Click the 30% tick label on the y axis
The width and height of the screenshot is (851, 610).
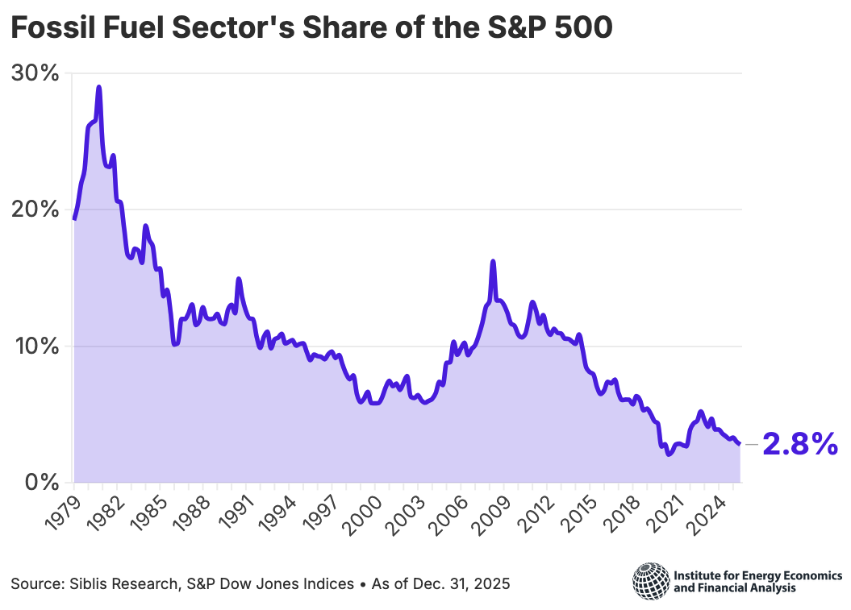pyautogui.click(x=36, y=73)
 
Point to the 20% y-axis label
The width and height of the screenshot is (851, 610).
pyautogui.click(x=36, y=210)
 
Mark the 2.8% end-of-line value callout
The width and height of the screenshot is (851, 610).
pyautogui.click(x=799, y=445)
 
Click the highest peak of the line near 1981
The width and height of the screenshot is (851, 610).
pyautogui.click(x=98, y=87)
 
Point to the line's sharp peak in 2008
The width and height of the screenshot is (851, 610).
pyautogui.click(x=493, y=261)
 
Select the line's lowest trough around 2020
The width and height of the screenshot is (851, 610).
pyautogui.click(x=668, y=454)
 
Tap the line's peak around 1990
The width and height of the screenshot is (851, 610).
pyautogui.click(x=239, y=279)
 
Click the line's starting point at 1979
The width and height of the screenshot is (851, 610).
pyautogui.click(x=74, y=218)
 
